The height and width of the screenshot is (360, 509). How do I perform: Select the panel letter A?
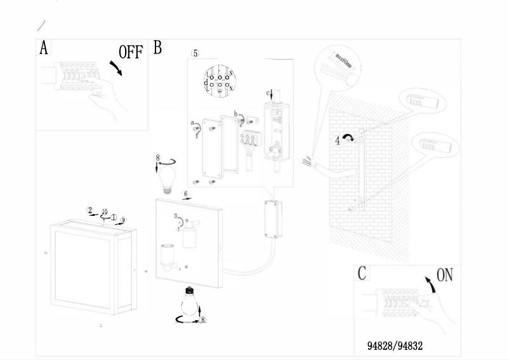pyautogui.click(x=44, y=48)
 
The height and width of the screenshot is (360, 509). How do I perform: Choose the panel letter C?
pyautogui.click(x=362, y=274)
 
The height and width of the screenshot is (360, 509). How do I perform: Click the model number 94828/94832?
pyautogui.click(x=395, y=346)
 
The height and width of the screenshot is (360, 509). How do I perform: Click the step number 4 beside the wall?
pyautogui.click(x=338, y=140)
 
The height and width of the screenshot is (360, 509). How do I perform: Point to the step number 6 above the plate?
pyautogui.click(x=185, y=193)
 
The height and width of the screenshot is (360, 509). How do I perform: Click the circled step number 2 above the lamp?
pyautogui.click(x=90, y=210)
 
